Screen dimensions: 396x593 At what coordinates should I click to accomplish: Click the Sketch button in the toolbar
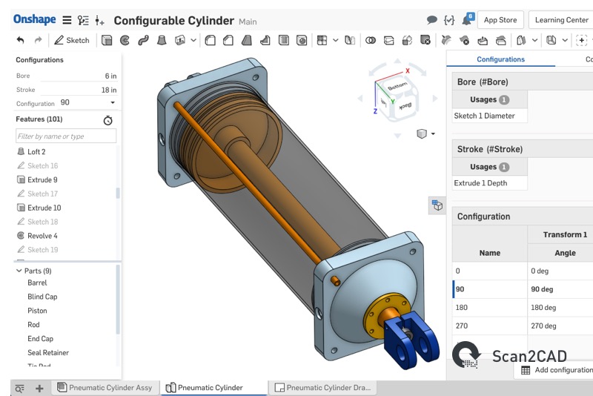[71, 40]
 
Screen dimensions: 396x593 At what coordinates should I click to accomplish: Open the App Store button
[500, 20]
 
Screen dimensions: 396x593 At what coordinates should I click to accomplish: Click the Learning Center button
[561, 20]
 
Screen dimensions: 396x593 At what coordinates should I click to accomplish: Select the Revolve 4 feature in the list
[42, 236]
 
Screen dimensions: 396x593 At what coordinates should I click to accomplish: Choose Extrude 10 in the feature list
[44, 208]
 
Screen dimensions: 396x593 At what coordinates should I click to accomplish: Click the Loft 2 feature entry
[36, 152]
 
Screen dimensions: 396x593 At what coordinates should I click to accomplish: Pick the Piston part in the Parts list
[37, 311]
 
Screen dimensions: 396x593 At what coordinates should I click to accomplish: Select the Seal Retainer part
[48, 353]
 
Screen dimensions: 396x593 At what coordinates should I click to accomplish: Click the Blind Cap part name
[42, 297]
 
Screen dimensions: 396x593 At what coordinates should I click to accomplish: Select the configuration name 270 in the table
[463, 325]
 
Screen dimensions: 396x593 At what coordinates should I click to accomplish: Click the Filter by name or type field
[66, 136]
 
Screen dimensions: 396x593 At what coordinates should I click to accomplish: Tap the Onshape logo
[34, 20]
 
